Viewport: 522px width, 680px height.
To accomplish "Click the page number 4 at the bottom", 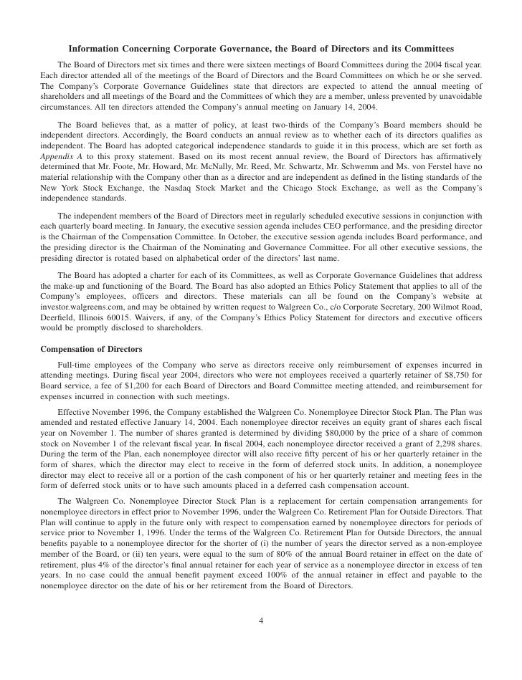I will (260, 621).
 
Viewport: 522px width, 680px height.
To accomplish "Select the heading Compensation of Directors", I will (91, 349).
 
